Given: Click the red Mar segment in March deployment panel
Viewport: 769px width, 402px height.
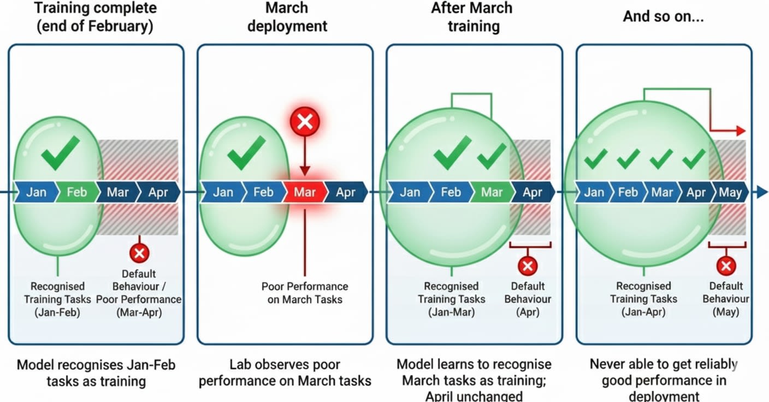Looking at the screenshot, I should point(305,192).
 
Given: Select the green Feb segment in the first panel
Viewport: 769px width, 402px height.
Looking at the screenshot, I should point(76,192).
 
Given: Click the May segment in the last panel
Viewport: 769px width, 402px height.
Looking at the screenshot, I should point(730,192).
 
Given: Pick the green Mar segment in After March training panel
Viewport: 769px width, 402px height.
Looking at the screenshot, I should point(491,192).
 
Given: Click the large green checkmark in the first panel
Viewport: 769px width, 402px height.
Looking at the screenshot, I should point(60,152).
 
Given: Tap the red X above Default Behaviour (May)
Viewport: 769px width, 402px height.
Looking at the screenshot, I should point(726,266).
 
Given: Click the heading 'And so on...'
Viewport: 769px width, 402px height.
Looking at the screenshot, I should point(663,16).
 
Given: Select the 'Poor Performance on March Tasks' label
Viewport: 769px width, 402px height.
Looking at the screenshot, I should point(305,293).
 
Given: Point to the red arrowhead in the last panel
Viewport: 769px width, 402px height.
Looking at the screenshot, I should point(740,131).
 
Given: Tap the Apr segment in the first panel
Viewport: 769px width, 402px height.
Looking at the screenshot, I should point(157,192).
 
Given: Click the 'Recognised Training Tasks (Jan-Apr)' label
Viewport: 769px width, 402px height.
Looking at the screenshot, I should point(643,299).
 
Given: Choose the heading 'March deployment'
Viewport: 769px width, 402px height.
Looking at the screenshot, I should point(287,17).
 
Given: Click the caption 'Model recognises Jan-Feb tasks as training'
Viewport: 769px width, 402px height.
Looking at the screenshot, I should point(96,373).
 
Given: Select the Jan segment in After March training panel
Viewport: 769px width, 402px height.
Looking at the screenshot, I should point(410,192).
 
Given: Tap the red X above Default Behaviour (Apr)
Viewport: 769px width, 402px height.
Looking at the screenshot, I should point(528,266).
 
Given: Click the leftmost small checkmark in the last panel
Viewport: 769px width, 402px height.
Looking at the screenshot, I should point(595,158).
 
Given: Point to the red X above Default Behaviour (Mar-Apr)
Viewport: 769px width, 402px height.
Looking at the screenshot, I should point(139,253).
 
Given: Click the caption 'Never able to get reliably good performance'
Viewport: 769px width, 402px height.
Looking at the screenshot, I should point(664,373).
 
